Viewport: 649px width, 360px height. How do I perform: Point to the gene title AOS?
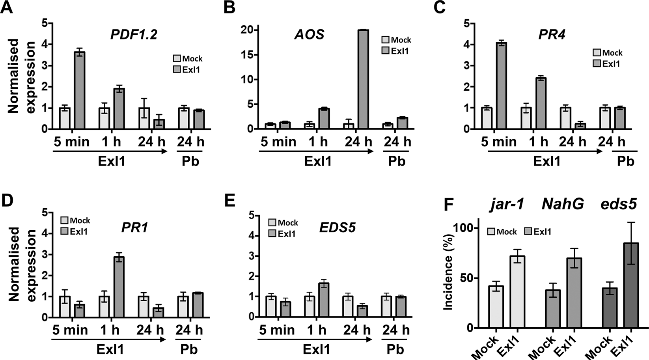pyautogui.click(x=309, y=35)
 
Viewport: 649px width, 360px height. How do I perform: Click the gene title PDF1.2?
pyautogui.click(x=134, y=35)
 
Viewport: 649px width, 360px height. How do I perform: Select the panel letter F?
pyautogui.click(x=450, y=205)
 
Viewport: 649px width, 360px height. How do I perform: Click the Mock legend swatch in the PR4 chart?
pyautogui.click(x=597, y=52)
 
